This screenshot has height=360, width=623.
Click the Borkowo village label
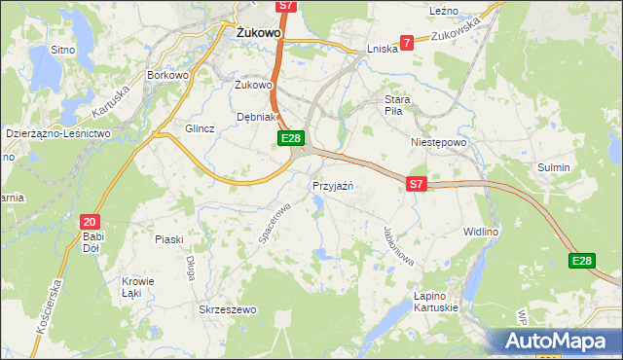pyautogui.click(x=167, y=75)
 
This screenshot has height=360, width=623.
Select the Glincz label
pyautogui.click(x=199, y=128)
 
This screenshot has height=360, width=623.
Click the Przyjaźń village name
pyautogui.click(x=332, y=186)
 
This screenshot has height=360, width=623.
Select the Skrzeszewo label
pyautogui.click(x=227, y=309)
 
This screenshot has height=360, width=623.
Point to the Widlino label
pyautogui.click(x=481, y=233)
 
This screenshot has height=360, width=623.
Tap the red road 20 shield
pyautogui.click(x=90, y=222)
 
